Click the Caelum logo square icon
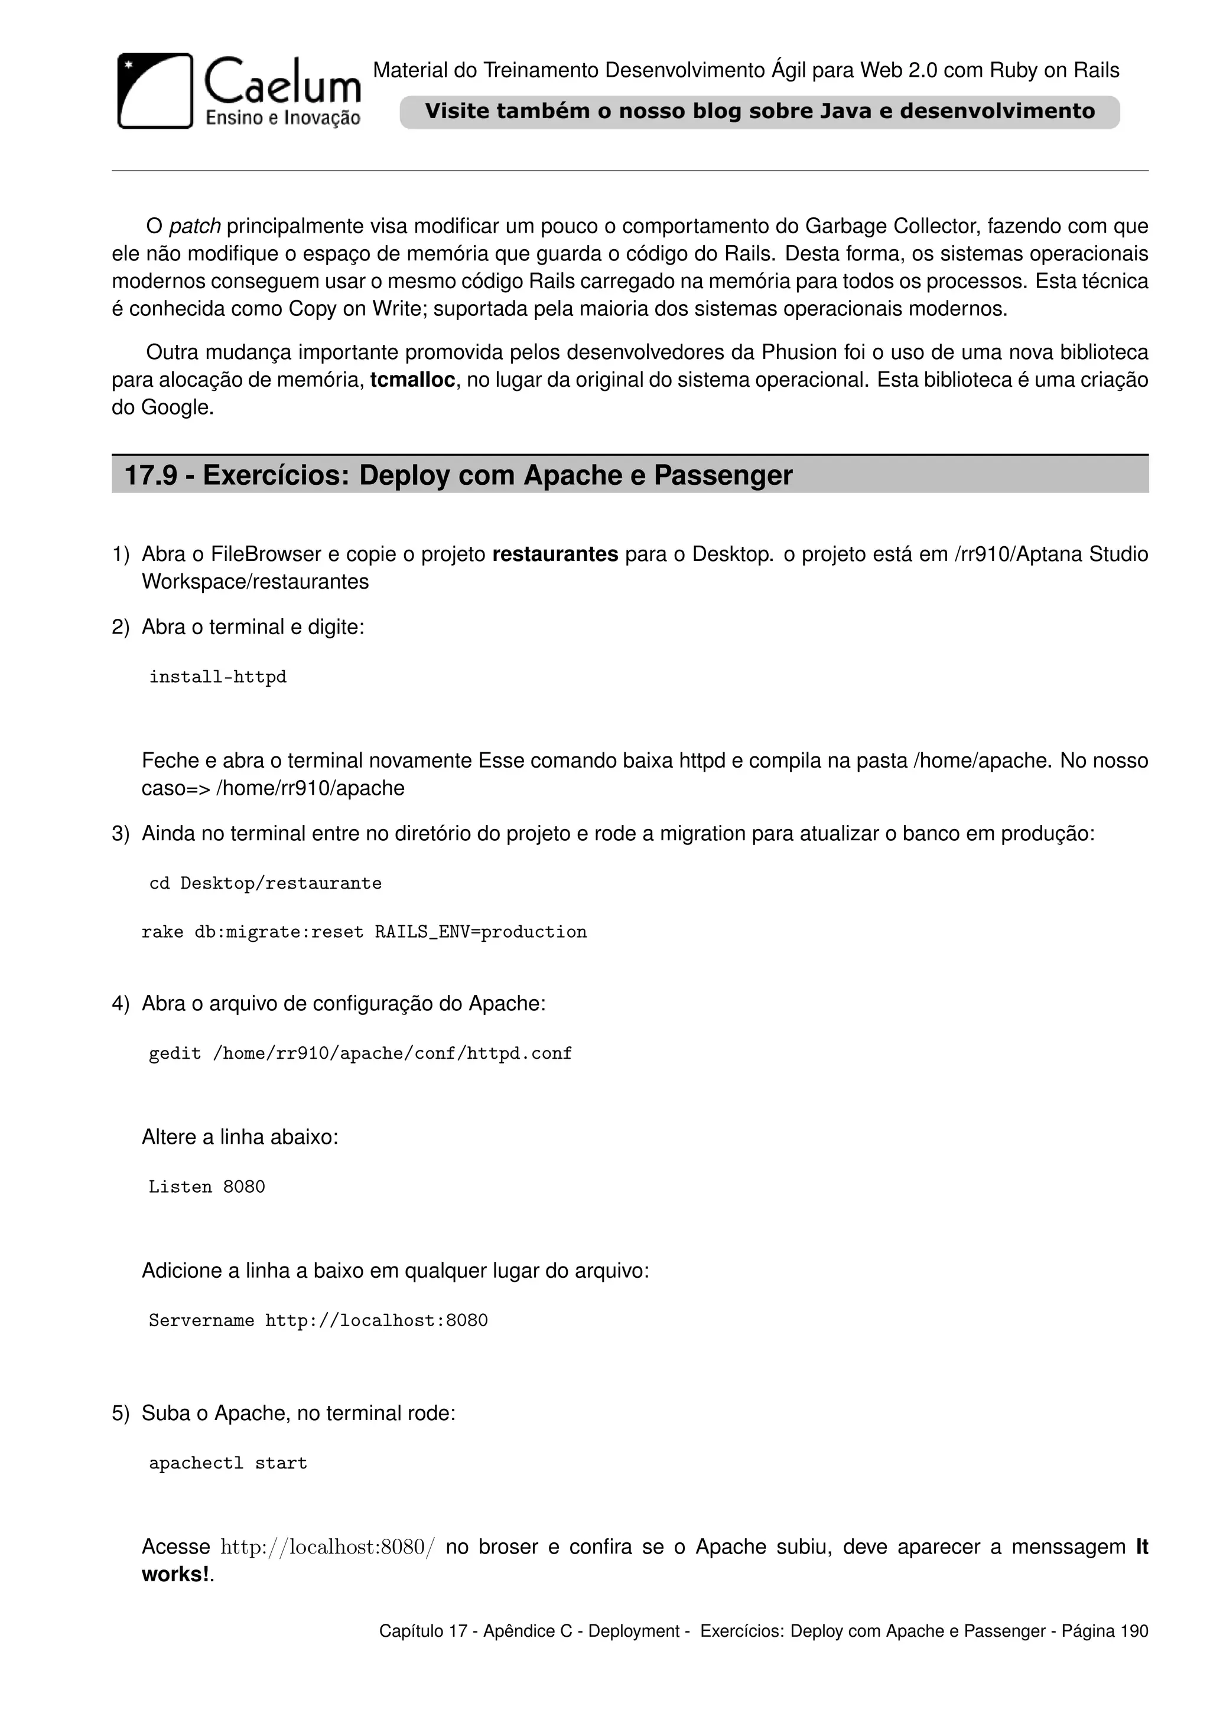click(x=155, y=91)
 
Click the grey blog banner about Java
click(x=759, y=112)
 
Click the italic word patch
click(x=194, y=226)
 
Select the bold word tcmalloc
click(x=412, y=380)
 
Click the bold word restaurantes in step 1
click(x=555, y=554)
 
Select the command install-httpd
click(x=217, y=677)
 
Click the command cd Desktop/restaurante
click(x=265, y=883)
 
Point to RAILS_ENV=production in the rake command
click(x=480, y=932)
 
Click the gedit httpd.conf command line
click(x=360, y=1053)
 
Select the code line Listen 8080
click(x=206, y=1186)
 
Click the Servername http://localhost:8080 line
click(x=318, y=1320)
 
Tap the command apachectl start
click(x=228, y=1463)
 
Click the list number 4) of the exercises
click(x=121, y=1004)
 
